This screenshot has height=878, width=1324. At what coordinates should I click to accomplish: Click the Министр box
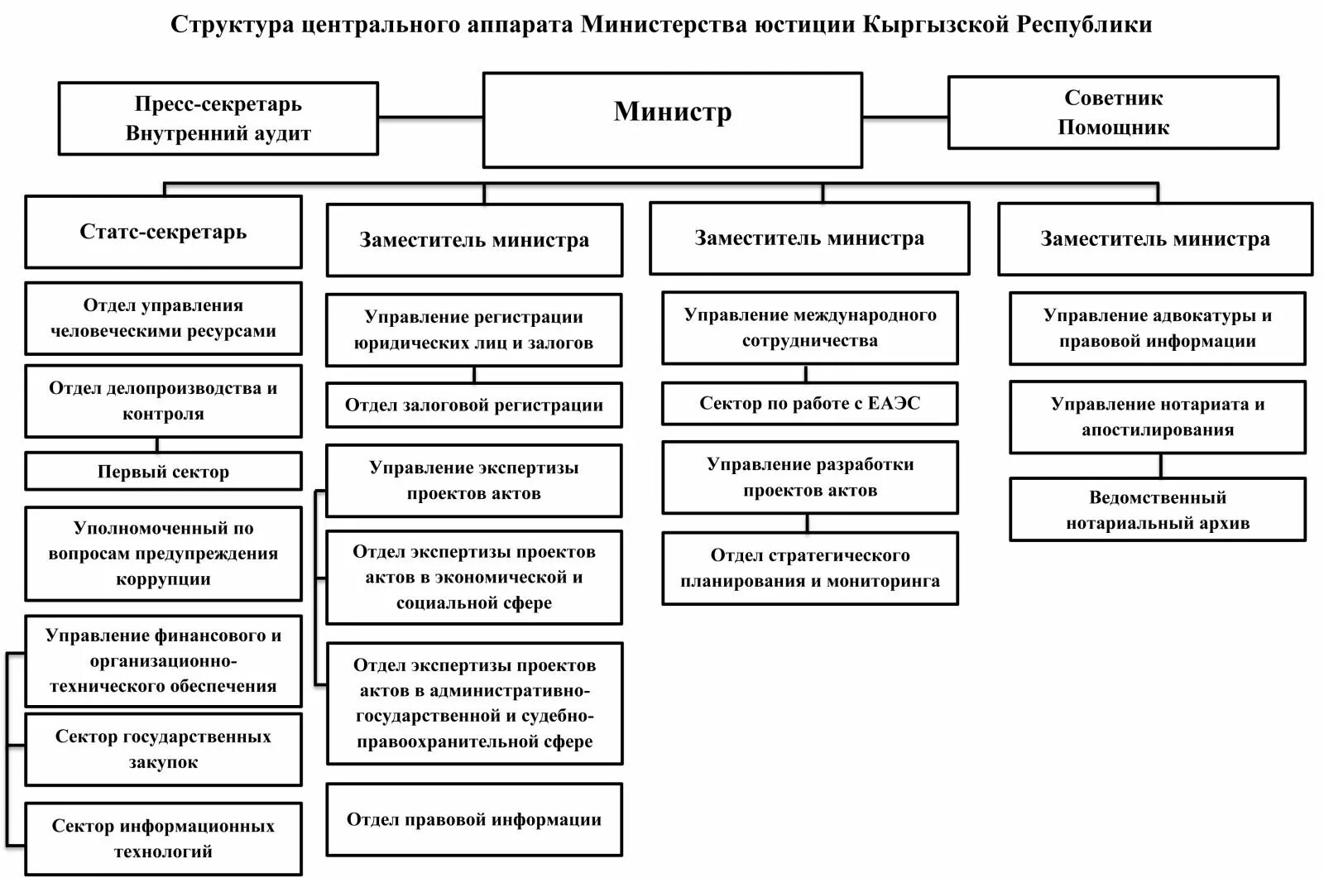pos(672,120)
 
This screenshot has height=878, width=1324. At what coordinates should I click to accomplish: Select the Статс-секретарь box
pos(163,232)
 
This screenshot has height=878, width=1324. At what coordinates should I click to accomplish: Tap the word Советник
pos(1113,98)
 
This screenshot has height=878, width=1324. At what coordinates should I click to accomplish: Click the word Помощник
pos(1113,127)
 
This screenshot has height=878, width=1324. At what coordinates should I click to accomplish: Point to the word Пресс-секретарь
pos(218,104)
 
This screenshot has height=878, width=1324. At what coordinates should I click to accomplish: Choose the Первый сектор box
pos(163,472)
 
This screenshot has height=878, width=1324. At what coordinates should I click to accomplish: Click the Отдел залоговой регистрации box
pos(473,405)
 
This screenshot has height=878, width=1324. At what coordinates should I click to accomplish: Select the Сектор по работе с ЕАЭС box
pos(809,403)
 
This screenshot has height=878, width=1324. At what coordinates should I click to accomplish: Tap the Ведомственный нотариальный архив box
pos(1157,510)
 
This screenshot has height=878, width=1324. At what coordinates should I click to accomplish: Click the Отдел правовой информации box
pos(473,819)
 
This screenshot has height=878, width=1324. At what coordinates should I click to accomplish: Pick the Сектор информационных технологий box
pos(163,838)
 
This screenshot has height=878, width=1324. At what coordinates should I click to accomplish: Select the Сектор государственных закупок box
pos(163,749)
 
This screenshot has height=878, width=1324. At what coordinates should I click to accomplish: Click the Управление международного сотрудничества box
pos(809,328)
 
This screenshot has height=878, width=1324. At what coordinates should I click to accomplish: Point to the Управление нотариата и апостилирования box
pos(1157,416)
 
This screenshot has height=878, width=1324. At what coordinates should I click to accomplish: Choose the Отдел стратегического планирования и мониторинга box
pos(809,568)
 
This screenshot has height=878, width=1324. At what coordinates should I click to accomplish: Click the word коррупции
pos(163,579)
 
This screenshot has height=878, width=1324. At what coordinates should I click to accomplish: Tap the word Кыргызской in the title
pos(935,24)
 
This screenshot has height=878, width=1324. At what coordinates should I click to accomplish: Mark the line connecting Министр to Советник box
pos(904,116)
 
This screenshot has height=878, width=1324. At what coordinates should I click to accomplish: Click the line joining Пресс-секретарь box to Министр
pos(430,117)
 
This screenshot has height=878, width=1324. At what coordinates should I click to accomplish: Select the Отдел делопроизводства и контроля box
pos(163,401)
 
